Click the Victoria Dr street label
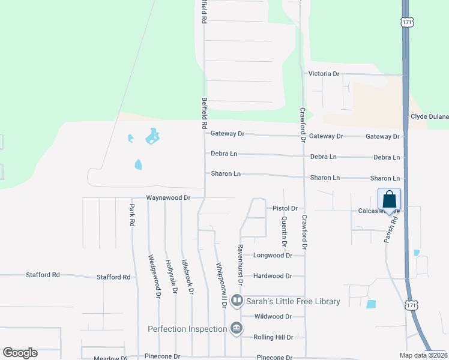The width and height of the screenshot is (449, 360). click(x=324, y=74)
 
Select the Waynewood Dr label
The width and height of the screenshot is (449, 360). click(x=168, y=197)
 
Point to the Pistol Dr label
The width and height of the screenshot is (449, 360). click(x=285, y=208)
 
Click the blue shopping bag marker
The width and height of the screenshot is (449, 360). click(x=389, y=199)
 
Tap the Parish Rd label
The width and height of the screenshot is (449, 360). click(x=391, y=229)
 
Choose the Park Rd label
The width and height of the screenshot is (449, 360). click(x=131, y=214)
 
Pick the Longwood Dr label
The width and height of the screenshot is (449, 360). click(x=273, y=255)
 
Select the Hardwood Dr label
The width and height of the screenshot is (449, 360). click(x=273, y=276)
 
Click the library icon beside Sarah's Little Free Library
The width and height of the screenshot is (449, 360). click(x=237, y=300)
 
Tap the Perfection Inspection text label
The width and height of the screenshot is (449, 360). click(x=187, y=329)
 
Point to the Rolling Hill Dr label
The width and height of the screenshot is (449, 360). click(x=273, y=337)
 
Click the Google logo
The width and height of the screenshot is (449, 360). click(x=20, y=353)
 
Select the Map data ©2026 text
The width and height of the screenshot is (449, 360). click(x=423, y=355)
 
